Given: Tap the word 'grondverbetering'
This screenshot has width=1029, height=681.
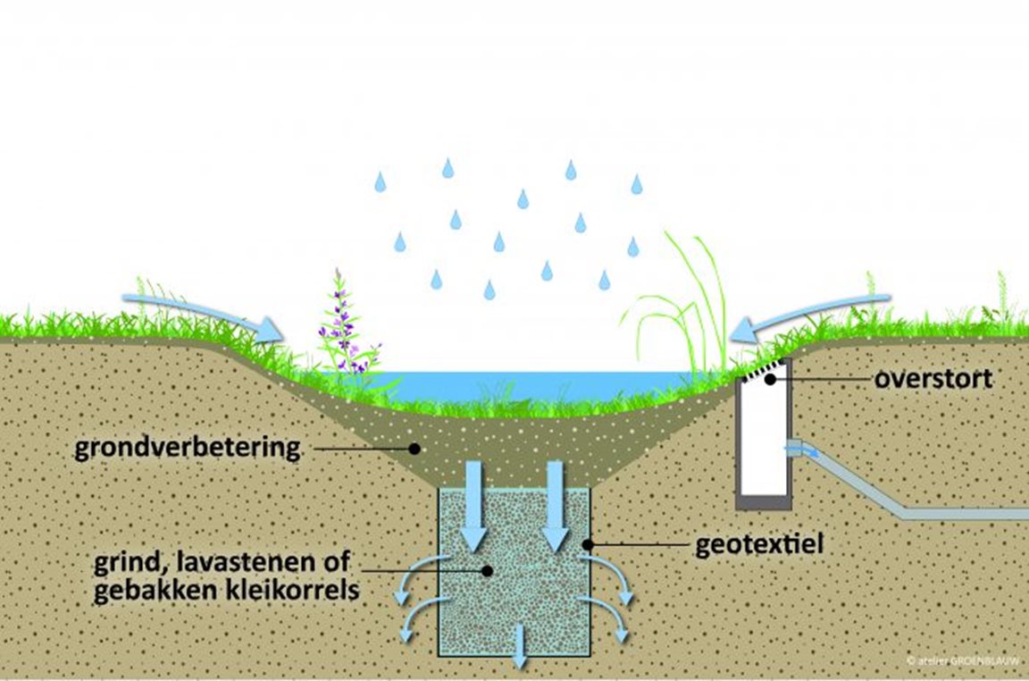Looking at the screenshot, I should tap(188, 448).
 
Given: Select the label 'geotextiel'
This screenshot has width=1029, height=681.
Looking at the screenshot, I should tap(758, 543).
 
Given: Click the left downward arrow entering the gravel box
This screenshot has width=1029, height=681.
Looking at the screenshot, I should tap(474, 505).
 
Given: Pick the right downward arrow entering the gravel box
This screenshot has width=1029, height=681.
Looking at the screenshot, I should tap(556, 505).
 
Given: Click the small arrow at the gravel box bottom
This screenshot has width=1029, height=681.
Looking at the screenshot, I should tap(518, 648).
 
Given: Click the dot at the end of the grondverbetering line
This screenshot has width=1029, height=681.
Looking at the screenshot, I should tap(414, 448).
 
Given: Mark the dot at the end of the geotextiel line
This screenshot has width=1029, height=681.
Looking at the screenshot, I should tap(588, 542).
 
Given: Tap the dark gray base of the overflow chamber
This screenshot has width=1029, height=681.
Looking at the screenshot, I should tap(765, 502).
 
